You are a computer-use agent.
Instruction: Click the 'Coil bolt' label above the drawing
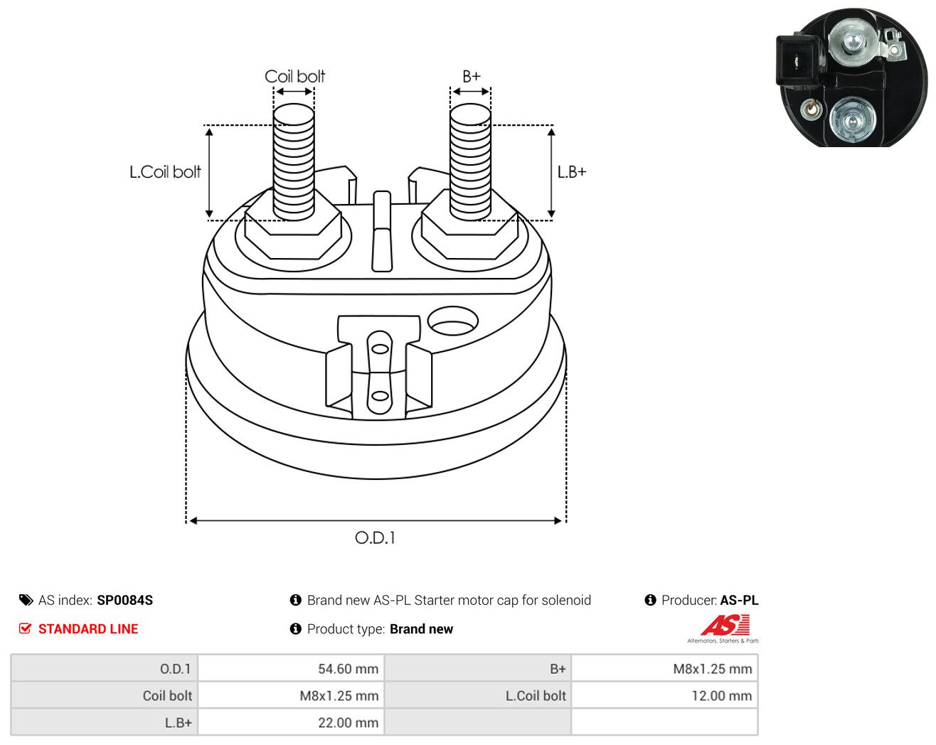[x=294, y=77]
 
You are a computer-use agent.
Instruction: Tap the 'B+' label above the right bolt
[x=472, y=77]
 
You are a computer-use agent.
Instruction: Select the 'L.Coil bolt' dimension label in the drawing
[x=165, y=172]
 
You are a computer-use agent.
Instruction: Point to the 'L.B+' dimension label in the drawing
[x=572, y=172]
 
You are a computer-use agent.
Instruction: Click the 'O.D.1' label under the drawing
[x=375, y=538]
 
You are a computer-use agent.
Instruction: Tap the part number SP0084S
[x=125, y=600]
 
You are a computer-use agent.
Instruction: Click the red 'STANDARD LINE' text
[x=88, y=629]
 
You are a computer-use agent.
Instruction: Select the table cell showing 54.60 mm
[x=291, y=668]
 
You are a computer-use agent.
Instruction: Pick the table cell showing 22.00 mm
[x=291, y=722]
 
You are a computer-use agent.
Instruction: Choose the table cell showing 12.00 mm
[x=664, y=695]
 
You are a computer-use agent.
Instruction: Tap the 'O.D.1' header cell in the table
[x=105, y=668]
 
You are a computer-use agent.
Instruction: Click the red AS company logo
[x=725, y=625]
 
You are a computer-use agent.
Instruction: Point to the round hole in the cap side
[x=453, y=321]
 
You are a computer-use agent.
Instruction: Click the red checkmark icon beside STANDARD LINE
[x=25, y=628]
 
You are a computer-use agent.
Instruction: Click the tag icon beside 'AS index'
[x=26, y=600]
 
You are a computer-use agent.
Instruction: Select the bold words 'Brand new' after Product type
[x=421, y=629]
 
